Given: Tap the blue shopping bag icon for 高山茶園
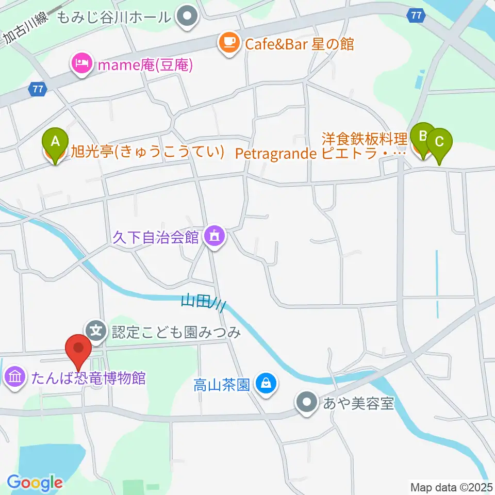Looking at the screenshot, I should (x=266, y=384).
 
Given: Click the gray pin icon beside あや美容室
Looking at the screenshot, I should (x=308, y=402).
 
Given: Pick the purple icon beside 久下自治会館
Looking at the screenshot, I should (x=213, y=237).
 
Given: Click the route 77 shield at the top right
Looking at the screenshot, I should (x=416, y=15).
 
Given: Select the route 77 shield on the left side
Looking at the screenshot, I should (x=37, y=89).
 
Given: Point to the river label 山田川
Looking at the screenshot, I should (x=203, y=303).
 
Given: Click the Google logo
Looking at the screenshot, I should (x=35, y=483).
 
